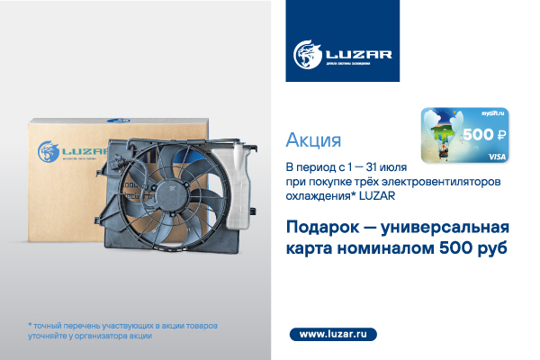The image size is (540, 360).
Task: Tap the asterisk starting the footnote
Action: point(30,323)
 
